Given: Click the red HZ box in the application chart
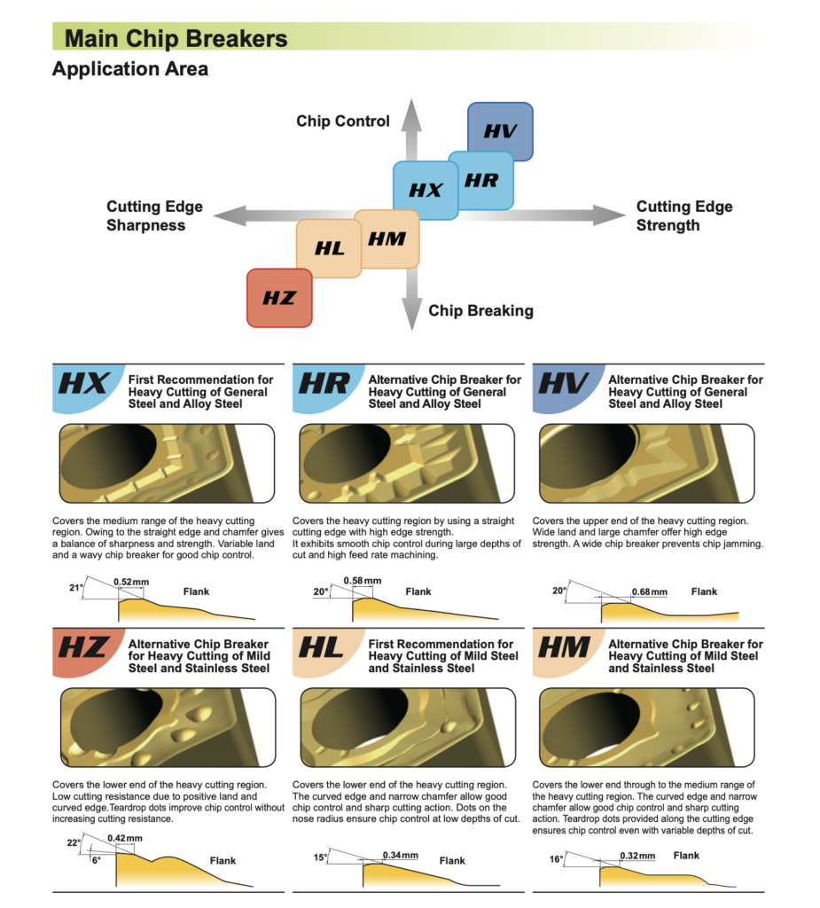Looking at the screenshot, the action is (279, 298).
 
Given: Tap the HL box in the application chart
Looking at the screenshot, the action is (328, 249).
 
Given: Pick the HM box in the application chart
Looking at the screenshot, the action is (387, 239).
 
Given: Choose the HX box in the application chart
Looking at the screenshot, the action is (426, 191).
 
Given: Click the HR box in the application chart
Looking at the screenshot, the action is (481, 181).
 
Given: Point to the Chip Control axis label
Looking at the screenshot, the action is (343, 121).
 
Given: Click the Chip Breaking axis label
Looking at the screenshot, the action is (480, 311).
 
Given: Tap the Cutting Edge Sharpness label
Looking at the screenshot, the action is (154, 216).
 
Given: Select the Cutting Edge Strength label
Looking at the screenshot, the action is (683, 216).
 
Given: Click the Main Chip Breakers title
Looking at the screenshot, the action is (176, 39).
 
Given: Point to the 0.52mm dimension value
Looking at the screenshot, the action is (131, 582).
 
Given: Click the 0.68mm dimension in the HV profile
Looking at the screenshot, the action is (649, 591).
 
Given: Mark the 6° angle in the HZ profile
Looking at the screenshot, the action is (96, 860).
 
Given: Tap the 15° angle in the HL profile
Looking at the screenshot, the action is (320, 857).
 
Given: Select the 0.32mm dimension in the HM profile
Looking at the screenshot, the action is (637, 856).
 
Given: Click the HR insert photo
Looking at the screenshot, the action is (407, 463).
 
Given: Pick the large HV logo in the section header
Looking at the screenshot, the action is (563, 383).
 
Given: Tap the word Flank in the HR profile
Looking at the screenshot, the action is (418, 591).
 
